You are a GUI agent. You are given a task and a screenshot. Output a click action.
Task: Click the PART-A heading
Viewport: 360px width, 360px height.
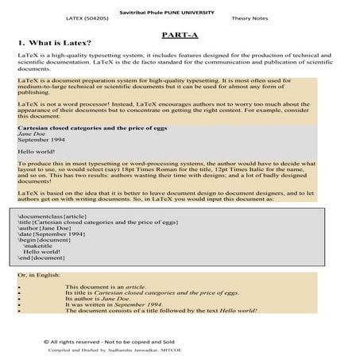[180, 36]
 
